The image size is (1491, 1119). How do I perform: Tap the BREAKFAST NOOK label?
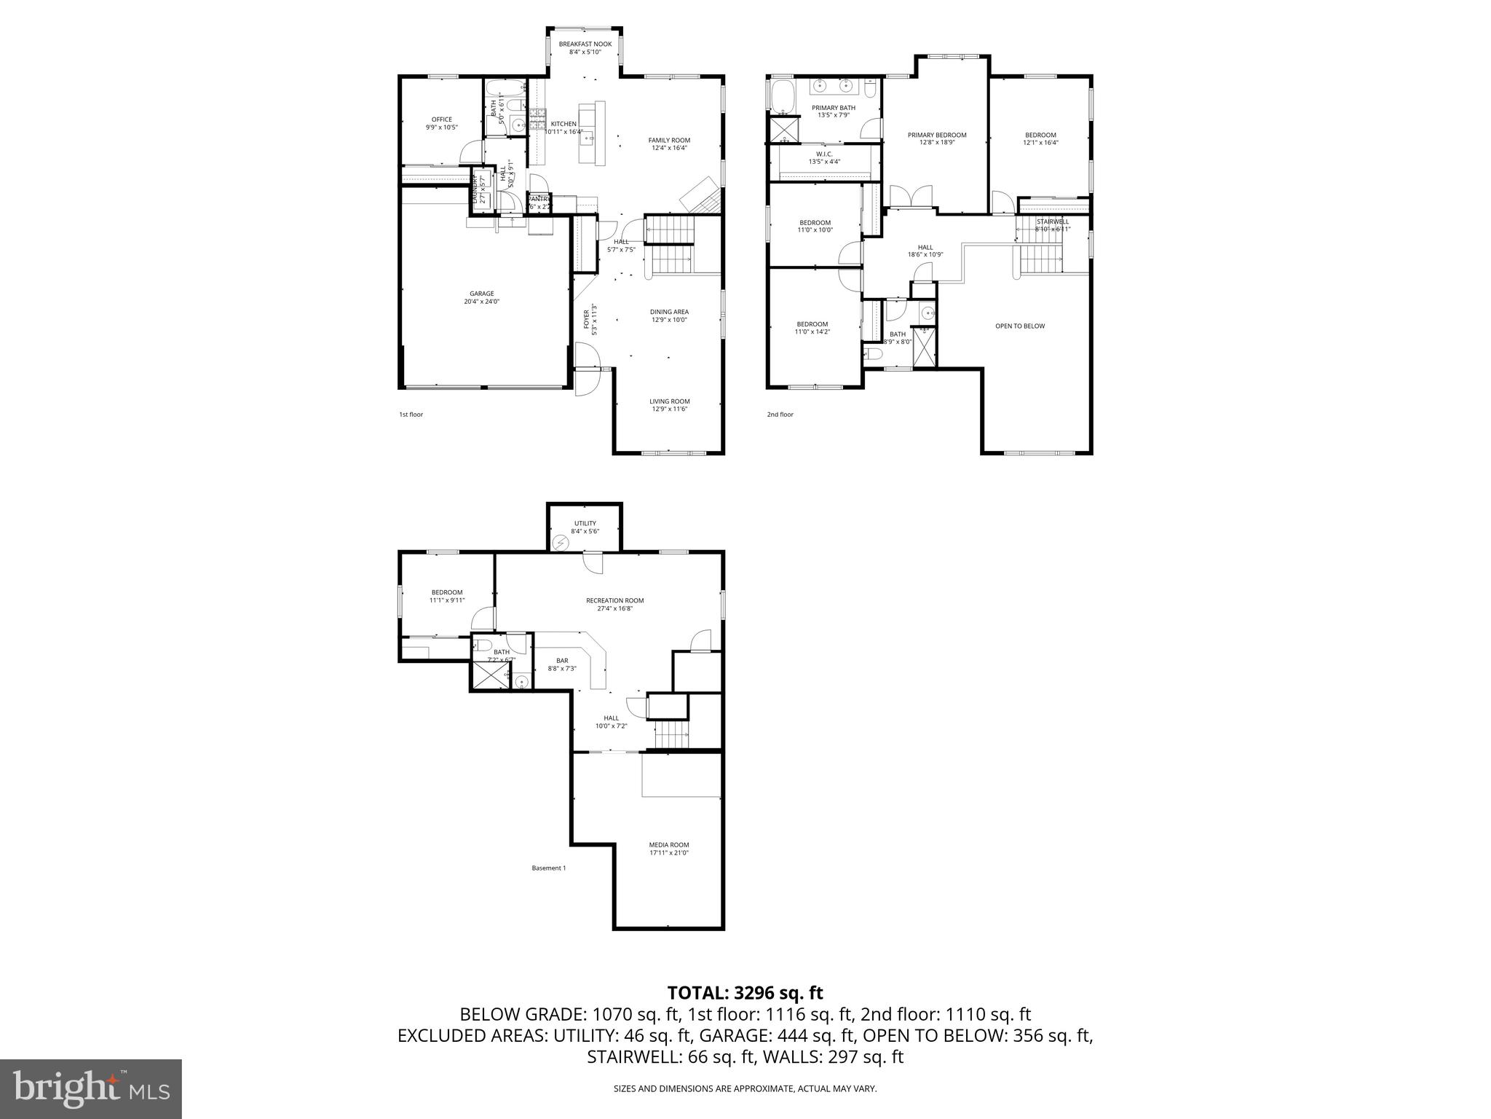click(x=585, y=44)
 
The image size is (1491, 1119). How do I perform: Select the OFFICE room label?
click(x=441, y=119)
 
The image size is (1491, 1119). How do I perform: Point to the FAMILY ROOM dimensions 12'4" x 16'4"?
click(x=669, y=148)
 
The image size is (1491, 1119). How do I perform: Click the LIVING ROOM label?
click(x=669, y=401)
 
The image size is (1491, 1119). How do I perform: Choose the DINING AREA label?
click(x=669, y=312)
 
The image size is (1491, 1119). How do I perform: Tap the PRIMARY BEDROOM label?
click(x=936, y=135)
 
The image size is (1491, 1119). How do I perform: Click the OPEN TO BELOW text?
click(x=1019, y=326)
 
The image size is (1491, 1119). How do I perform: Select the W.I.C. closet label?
click(x=824, y=154)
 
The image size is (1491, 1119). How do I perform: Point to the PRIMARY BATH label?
click(x=834, y=108)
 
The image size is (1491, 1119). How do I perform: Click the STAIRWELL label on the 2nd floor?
click(x=1052, y=221)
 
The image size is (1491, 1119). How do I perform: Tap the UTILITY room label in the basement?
click(x=585, y=523)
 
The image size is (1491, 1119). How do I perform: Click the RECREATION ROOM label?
click(x=614, y=600)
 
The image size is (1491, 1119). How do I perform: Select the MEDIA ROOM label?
click(x=668, y=844)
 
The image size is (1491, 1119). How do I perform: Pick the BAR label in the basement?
click(x=562, y=661)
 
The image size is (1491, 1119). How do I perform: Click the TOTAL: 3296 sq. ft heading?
click(x=745, y=992)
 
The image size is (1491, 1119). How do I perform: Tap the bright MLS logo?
click(x=91, y=1089)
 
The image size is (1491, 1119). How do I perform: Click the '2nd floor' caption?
click(x=780, y=415)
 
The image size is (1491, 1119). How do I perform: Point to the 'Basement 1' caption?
click(x=548, y=868)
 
